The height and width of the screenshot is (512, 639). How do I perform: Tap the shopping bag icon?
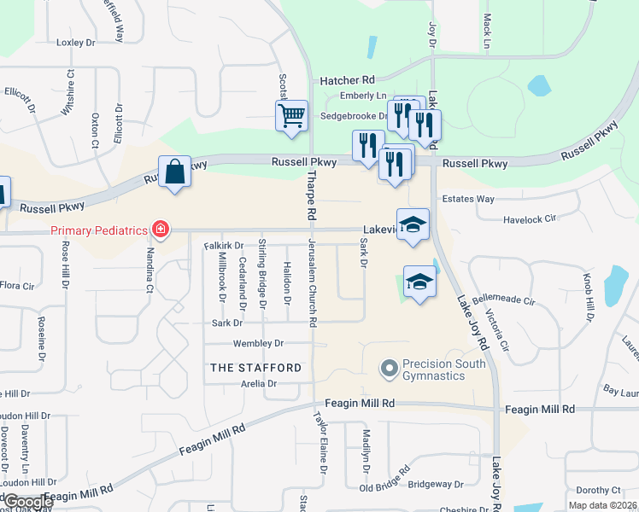click(x=174, y=172)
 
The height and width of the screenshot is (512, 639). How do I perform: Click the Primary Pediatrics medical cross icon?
click(x=159, y=229)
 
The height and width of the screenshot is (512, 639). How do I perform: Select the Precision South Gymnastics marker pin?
click(x=390, y=369)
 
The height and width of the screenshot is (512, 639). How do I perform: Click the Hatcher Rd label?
click(x=348, y=80)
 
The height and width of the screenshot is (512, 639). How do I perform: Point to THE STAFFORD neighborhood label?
click(x=255, y=368)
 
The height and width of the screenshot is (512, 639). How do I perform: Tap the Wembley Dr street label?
click(x=258, y=344)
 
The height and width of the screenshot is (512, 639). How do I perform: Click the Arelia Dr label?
click(x=259, y=384)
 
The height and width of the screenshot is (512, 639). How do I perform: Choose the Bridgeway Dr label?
click(x=436, y=484)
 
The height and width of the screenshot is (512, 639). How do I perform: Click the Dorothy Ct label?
click(x=597, y=490)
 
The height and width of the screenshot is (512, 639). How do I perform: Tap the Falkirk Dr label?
click(x=224, y=245)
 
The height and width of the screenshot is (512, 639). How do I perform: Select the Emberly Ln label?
click(x=363, y=96)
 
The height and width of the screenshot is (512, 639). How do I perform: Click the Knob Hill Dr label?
click(x=589, y=299)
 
